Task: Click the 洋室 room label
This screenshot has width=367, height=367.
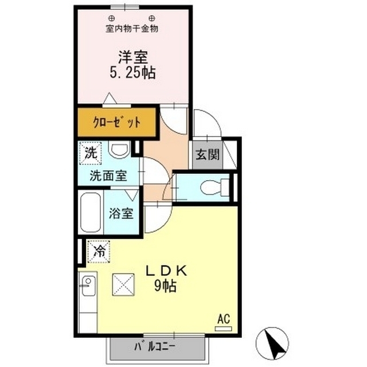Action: pos(133,57)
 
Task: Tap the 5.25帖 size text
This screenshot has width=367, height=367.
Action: pos(133,73)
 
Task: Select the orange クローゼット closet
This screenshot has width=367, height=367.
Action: pos(117,122)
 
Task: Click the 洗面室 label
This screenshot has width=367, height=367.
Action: pos(108,175)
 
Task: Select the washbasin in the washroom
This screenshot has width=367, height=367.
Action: pos(120,151)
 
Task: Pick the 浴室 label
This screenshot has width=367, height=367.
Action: pos(122,214)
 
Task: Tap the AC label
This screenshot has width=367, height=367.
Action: pos(222,318)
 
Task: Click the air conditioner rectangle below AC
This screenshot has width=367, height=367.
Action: pos(222,329)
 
